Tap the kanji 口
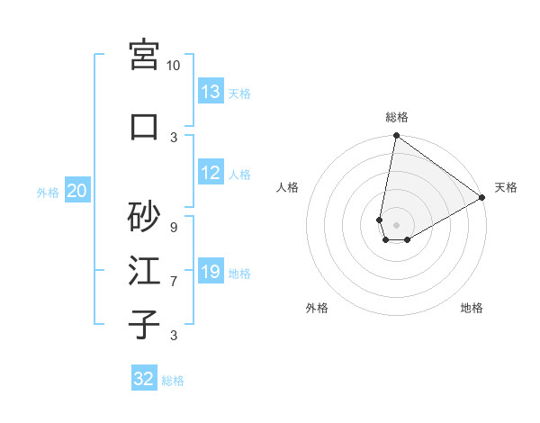click(144, 127)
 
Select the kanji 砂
click(144, 216)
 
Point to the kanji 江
click(144, 271)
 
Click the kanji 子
click(144, 324)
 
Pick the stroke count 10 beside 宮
click(173, 66)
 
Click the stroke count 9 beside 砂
click(173, 227)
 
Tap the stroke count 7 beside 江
click(173, 282)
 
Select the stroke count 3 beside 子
click(173, 336)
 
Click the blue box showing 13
click(211, 92)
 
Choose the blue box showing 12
click(211, 173)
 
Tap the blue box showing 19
click(211, 272)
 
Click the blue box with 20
click(77, 191)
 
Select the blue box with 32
click(144, 379)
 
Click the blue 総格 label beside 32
click(173, 381)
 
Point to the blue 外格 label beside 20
click(48, 192)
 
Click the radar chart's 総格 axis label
click(396, 117)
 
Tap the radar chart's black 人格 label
click(288, 187)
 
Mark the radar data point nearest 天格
click(482, 198)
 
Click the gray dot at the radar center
click(396, 223)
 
